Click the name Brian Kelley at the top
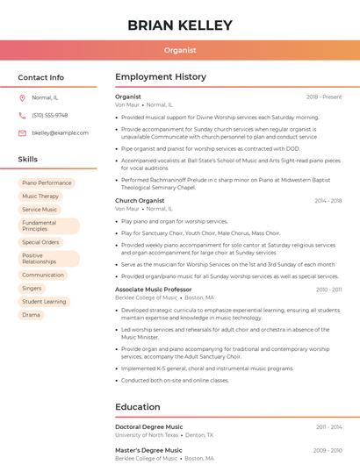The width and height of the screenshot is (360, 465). point(180,25)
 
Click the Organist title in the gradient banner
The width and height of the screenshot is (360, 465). point(180,50)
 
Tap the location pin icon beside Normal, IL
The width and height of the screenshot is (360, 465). point(22,97)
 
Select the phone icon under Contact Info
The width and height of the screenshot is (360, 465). point(22,115)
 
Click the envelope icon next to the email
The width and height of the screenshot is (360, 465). point(22,132)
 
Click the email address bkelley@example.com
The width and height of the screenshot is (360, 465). point(60,132)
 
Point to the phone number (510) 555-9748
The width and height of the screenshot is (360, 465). point(49,115)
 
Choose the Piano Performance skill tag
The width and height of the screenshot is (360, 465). point(47,183)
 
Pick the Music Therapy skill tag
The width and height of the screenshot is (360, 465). point(40,197)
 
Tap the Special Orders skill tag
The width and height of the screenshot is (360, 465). point(40,242)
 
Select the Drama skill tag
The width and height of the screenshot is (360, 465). point(31,315)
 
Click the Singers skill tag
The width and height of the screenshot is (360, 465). point(32,288)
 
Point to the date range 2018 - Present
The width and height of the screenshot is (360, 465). point(324,97)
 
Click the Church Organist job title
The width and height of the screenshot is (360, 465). point(140,201)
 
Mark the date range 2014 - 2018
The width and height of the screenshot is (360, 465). point(328,201)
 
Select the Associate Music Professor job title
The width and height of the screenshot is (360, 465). point(153,290)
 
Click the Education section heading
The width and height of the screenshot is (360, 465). point(137,407)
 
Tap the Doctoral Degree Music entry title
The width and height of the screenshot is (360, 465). point(149,426)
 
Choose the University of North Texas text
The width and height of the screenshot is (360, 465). point(147,435)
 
